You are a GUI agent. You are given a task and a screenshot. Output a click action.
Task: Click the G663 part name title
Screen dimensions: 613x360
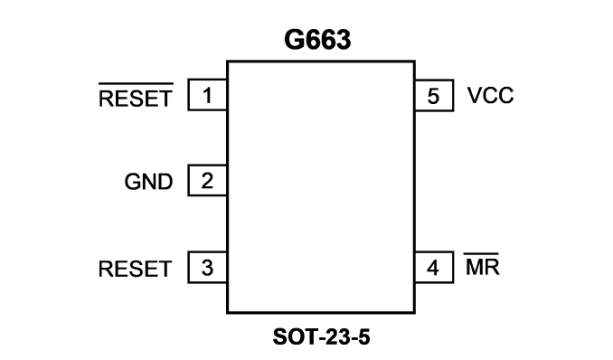317,40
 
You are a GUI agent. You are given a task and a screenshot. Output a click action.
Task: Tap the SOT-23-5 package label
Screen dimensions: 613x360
321,336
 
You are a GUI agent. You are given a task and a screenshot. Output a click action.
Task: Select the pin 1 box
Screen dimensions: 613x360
207,95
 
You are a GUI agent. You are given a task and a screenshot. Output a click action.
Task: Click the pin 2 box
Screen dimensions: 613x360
207,180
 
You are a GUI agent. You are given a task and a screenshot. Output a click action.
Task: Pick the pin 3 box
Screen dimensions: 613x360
207,267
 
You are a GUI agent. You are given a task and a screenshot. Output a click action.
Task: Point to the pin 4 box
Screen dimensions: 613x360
434,267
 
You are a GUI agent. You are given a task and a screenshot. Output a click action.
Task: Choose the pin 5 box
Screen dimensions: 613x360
434,96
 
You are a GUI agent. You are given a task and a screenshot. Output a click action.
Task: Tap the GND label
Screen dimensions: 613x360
148,182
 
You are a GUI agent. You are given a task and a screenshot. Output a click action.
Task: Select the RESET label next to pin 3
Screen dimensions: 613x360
136,269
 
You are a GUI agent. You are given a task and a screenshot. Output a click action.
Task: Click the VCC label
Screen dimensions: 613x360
490,96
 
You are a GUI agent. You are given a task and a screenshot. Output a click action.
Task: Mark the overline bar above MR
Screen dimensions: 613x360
481,254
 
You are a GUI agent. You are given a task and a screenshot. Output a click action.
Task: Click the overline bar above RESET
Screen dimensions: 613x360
136,84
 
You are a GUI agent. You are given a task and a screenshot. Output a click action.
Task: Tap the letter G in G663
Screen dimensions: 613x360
294,40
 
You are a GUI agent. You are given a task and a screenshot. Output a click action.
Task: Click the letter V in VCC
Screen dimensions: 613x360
475,96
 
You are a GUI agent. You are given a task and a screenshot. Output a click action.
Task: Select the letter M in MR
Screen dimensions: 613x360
475,267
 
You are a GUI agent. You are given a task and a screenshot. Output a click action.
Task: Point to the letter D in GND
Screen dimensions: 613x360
165,182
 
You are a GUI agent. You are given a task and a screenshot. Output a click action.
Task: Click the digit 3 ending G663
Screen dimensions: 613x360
344,40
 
